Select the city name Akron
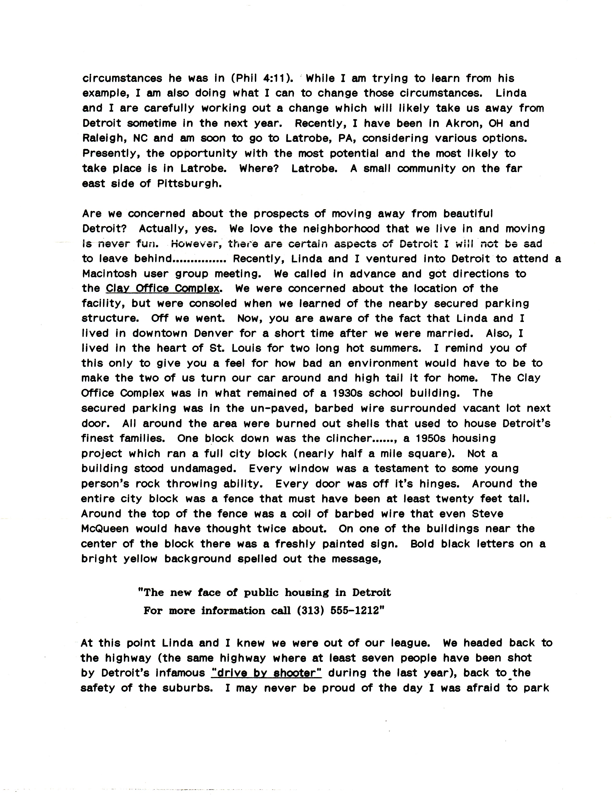pos(464,123)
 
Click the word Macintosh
pos(109,274)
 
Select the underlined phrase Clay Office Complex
pos(163,289)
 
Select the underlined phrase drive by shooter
pos(266,673)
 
